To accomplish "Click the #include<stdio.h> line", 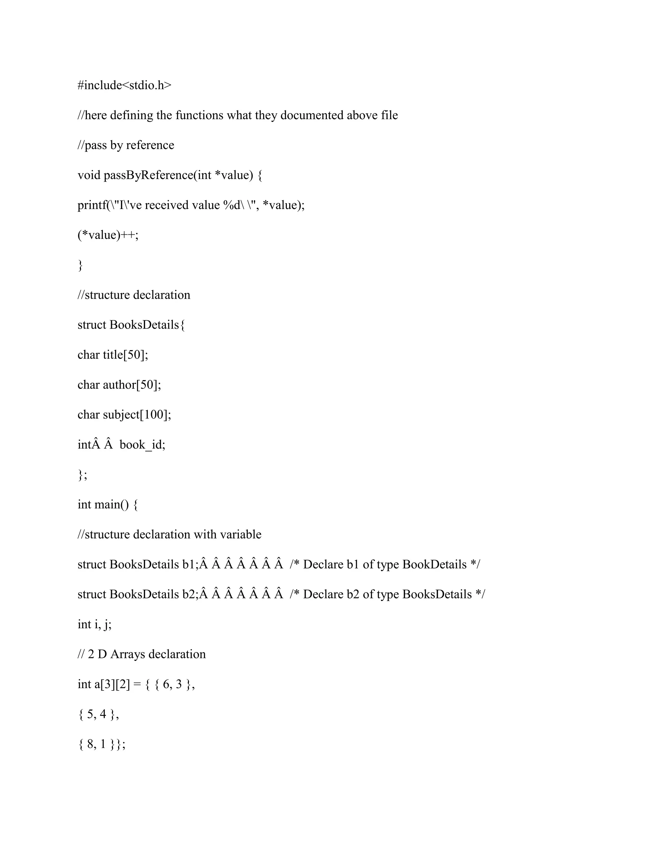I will [x=124, y=85].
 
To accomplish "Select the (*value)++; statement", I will [x=108, y=235].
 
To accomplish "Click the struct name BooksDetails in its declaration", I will [x=144, y=325].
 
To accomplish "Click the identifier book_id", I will [x=142, y=445].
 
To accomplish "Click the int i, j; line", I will [x=95, y=624].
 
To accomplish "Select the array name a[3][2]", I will [x=112, y=684].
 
